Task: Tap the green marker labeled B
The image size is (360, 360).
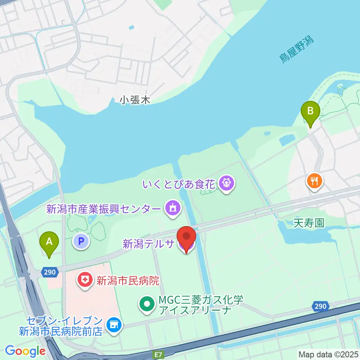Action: [x=310, y=113]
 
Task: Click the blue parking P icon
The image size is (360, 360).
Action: [x=81, y=241]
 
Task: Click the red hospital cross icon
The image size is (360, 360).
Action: [x=85, y=280]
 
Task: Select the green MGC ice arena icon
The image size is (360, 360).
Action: [x=147, y=304]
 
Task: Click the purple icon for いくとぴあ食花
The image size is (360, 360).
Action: [x=227, y=184]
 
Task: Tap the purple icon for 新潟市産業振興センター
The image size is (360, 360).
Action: [x=173, y=208]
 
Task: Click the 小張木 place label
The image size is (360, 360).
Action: [x=135, y=100]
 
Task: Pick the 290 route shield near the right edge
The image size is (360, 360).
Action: [x=320, y=307]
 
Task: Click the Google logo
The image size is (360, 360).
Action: [x=25, y=351]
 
